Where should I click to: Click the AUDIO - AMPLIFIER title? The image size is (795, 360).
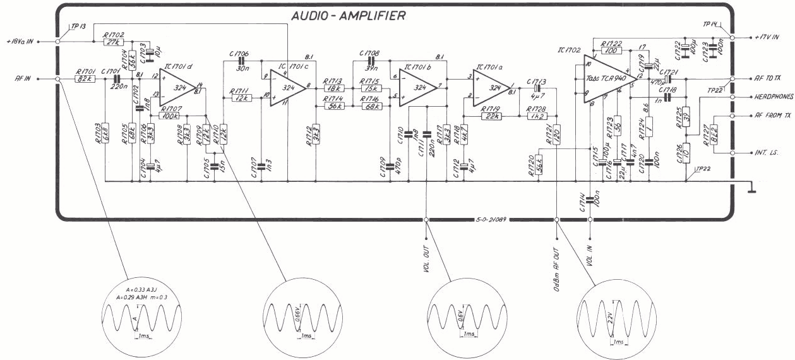tap(348, 16)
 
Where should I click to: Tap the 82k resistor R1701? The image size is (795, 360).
tap(84, 80)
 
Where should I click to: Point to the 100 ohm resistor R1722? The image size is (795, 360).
tap(611, 51)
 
